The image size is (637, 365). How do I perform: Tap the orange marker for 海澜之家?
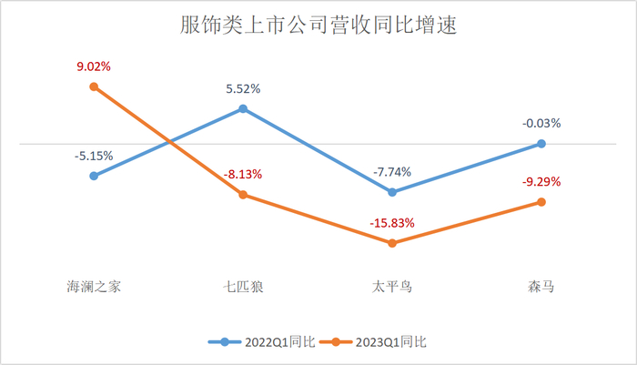point(94,86)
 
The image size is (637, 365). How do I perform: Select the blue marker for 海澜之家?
point(94,176)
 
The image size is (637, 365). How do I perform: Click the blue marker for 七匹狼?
point(243,109)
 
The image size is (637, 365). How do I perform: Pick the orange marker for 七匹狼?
point(243,195)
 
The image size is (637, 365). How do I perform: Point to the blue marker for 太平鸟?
point(392,192)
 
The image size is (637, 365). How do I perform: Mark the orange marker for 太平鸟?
point(392,243)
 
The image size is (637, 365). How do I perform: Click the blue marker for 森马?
point(541,144)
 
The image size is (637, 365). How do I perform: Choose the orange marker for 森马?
point(541,202)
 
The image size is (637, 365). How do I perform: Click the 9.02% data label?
point(94,66)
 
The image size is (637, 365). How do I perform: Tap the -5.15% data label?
point(94,156)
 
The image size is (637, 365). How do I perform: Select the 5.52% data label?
point(243,89)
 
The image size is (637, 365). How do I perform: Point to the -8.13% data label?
point(243,174)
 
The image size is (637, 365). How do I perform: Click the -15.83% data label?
point(392,223)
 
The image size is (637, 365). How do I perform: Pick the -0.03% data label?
point(541,123)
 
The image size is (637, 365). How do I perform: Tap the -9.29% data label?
point(541,181)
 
